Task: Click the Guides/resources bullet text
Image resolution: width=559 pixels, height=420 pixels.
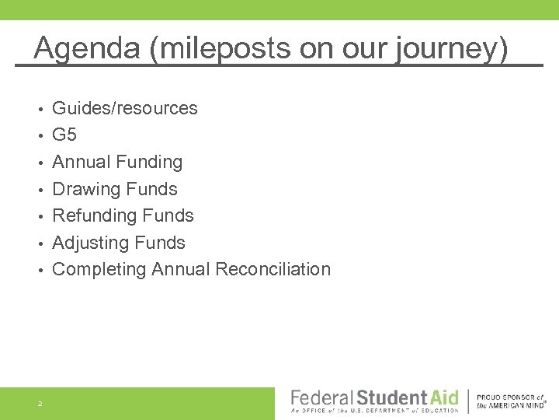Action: [x=124, y=108]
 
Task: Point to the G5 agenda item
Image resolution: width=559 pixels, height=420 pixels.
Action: [x=64, y=135]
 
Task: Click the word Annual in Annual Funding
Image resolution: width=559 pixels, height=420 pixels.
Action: [x=81, y=162]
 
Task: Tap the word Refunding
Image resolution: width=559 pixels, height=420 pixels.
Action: [x=94, y=215]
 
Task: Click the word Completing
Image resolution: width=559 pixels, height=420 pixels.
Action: [x=99, y=269]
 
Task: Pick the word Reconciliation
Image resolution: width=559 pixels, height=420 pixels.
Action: [x=273, y=269]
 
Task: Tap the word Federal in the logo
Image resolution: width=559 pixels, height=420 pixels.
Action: [x=321, y=397]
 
